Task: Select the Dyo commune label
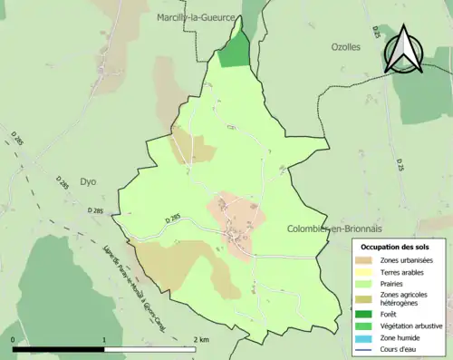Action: coord(88,180)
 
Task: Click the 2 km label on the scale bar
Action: coord(201,339)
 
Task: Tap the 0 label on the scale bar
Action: coord(14,339)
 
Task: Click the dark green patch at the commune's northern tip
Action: coord(234,52)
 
